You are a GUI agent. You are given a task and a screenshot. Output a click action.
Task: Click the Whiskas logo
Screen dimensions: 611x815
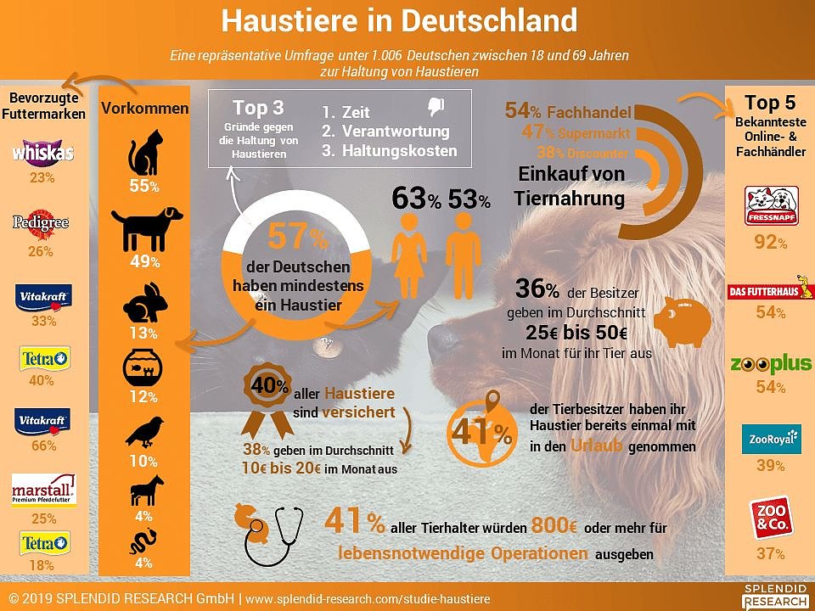point(42,152)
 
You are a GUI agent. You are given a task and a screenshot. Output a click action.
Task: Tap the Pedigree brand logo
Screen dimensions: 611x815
point(41,223)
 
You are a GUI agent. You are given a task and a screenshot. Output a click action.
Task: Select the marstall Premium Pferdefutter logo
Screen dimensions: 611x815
point(42,490)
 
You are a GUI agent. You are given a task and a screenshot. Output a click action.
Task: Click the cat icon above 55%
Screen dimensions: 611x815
point(143,153)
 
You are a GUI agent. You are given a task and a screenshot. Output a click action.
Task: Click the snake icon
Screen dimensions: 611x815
point(142,541)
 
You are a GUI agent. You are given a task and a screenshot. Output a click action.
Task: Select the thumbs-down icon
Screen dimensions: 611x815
point(436,107)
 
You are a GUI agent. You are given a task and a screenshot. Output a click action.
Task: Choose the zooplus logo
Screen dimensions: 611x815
point(771,366)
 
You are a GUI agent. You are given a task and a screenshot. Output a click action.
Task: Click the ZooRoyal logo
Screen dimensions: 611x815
point(771,440)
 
